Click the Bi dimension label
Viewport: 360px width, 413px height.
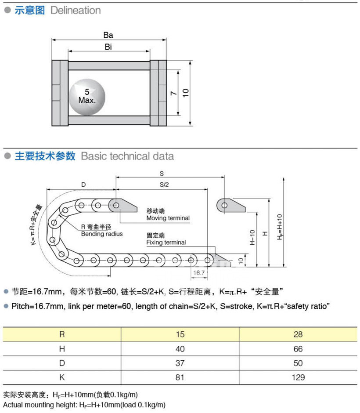pos(108,47)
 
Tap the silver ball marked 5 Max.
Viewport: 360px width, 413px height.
pos(87,96)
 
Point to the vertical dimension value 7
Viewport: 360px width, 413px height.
pos(173,93)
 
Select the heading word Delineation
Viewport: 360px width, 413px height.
pos(76,11)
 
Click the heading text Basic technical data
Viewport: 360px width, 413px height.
pos(127,156)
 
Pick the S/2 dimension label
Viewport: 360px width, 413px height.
pos(164,185)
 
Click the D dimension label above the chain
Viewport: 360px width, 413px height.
pos(83,185)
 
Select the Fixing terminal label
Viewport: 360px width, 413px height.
pos(166,243)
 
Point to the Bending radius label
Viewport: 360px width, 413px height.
pos(102,234)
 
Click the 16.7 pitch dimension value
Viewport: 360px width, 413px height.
pos(199,273)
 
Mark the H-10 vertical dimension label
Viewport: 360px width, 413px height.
pos(252,237)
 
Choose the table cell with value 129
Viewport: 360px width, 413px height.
pos(298,377)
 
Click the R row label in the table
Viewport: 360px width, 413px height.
pos(61,334)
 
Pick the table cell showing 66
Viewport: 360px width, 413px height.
pos(298,348)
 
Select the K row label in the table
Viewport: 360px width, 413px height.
pos(61,377)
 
